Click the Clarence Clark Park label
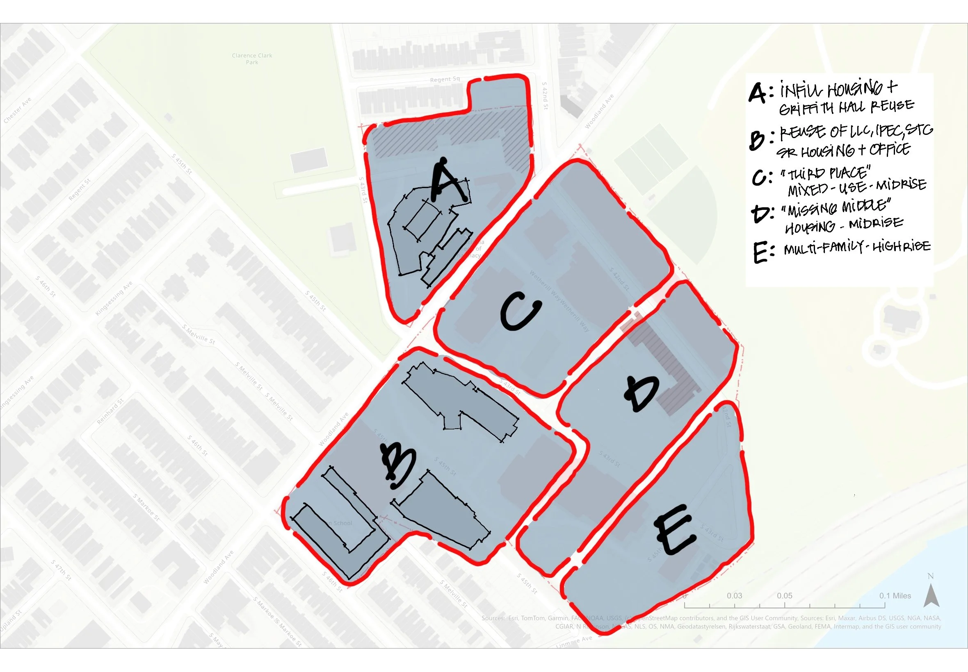[252, 59]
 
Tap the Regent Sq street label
[445, 79]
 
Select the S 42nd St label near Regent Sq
[545, 96]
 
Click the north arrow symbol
[931, 595]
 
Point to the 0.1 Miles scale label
[895, 596]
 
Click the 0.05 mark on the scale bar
[785, 596]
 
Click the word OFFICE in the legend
[889, 150]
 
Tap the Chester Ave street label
[17, 111]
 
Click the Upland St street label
[10, 621]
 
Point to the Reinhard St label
[110, 411]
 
